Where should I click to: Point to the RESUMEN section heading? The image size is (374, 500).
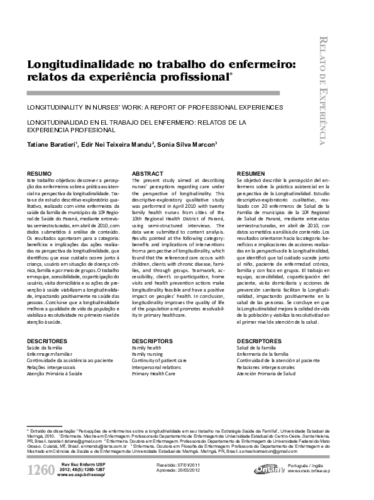[251, 173]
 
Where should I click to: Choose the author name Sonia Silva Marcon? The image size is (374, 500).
[185, 144]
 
